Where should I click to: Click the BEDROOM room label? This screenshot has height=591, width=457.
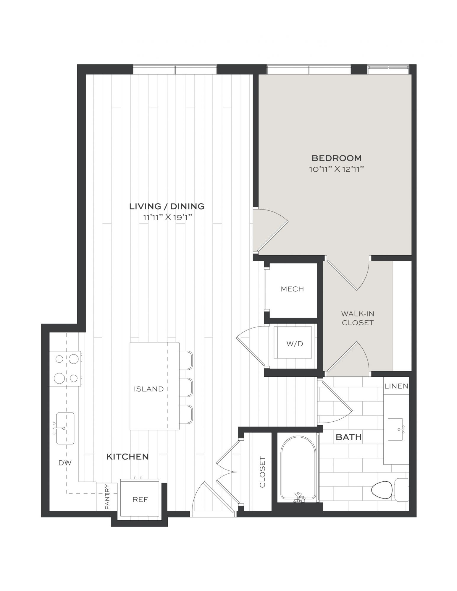point(337,158)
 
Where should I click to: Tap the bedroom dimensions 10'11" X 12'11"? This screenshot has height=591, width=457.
point(336,169)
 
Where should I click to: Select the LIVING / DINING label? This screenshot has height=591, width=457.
point(167,206)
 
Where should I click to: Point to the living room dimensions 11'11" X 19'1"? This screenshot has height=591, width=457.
point(168,217)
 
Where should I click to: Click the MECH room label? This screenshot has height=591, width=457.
point(292,289)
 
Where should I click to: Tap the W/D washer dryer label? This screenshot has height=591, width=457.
point(295,344)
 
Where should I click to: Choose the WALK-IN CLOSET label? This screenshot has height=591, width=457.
point(358,318)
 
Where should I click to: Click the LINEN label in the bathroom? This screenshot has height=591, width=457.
point(396,386)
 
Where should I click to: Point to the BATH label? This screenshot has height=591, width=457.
point(349,437)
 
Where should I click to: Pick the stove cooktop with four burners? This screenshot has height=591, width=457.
point(65,368)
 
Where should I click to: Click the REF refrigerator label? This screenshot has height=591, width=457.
point(140,499)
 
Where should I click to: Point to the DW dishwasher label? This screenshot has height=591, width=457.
point(65,463)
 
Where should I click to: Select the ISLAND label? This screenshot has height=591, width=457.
point(148,389)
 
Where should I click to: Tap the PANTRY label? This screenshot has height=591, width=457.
point(107,497)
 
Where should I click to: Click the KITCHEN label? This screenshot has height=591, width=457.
point(127,457)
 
